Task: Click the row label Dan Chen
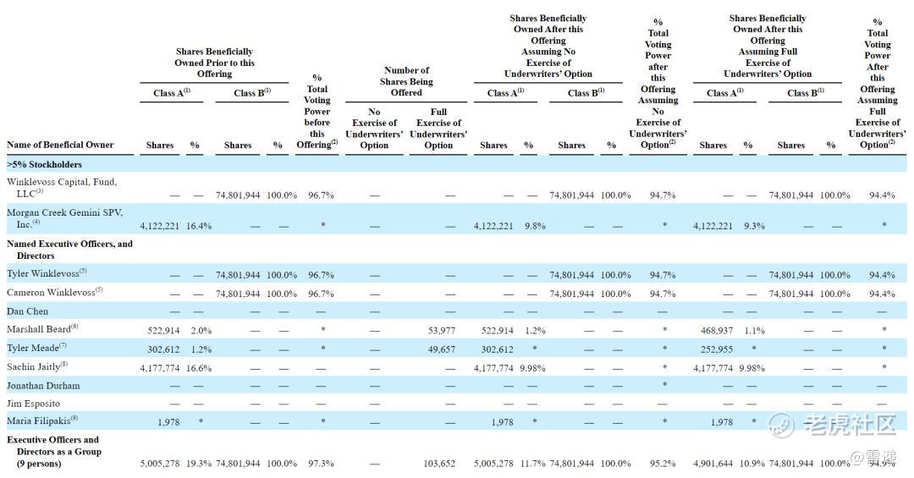pyautogui.click(x=27, y=311)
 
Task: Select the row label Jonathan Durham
pyautogui.click(x=43, y=385)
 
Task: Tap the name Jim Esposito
pyautogui.click(x=33, y=404)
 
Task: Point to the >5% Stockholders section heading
pyautogui.click(x=44, y=164)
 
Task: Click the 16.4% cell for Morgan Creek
pyautogui.click(x=199, y=226)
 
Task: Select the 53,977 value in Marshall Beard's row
pyautogui.click(x=441, y=331)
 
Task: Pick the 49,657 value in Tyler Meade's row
pyautogui.click(x=441, y=349)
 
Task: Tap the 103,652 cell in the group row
pyautogui.click(x=439, y=464)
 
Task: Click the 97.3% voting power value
pyautogui.click(x=321, y=464)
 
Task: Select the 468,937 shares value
pyautogui.click(x=717, y=331)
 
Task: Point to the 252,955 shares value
pyautogui.click(x=717, y=349)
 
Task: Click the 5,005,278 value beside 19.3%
pyautogui.click(x=160, y=464)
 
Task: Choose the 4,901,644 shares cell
pyautogui.click(x=713, y=464)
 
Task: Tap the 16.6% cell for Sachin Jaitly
pyautogui.click(x=199, y=368)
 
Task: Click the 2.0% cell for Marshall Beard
pyautogui.click(x=201, y=331)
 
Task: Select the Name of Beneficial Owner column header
pyautogui.click(x=60, y=145)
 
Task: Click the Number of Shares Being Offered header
pyautogui.click(x=406, y=81)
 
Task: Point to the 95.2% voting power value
pyautogui.click(x=663, y=464)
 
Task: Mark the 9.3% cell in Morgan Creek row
pyautogui.click(x=754, y=226)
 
